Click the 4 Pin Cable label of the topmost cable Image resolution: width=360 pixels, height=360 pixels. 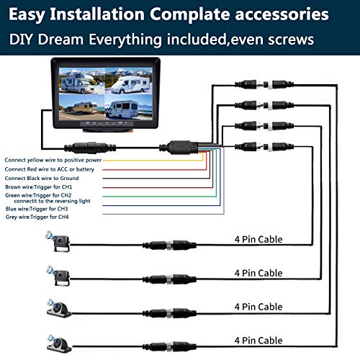pos(258,239)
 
